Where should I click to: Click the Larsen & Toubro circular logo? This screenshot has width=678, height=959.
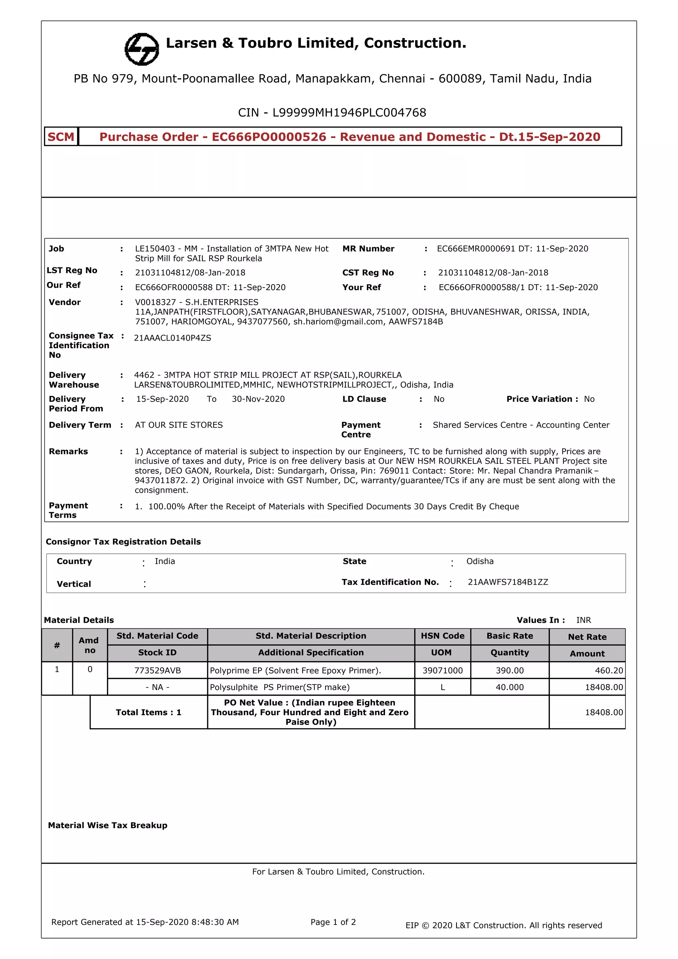click(142, 49)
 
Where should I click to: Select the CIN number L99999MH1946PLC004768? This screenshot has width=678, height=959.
click(349, 113)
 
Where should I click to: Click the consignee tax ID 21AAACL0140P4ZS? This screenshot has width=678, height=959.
click(172, 338)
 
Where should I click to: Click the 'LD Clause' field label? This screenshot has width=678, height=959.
click(364, 399)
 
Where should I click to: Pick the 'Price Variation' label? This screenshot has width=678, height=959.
click(539, 399)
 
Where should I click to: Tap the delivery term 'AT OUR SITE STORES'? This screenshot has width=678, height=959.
click(179, 425)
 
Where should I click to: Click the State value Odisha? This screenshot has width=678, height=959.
click(480, 561)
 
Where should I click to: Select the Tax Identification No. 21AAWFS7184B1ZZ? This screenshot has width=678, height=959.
click(508, 582)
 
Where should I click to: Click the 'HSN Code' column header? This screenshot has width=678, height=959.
click(443, 636)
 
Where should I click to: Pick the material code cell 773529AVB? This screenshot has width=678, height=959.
click(157, 670)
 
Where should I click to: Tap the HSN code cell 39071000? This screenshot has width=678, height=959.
click(443, 670)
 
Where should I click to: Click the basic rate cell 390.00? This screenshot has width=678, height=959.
click(509, 670)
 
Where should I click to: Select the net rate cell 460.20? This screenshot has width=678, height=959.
click(609, 670)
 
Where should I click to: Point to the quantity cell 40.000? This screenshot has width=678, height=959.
click(509, 687)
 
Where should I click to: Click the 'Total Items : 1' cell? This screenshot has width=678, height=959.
click(149, 712)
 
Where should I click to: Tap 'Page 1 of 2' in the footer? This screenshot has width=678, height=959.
click(333, 922)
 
